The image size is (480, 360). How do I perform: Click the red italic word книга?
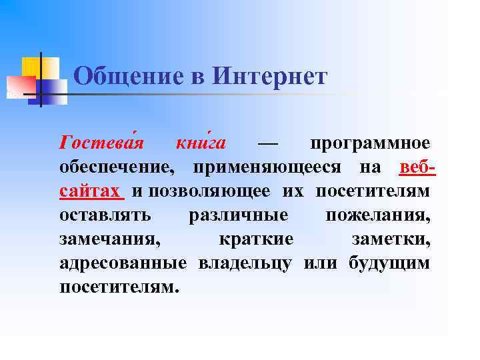click(201, 143)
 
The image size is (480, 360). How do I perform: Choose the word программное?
click(370, 143)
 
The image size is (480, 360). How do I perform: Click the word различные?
click(239, 215)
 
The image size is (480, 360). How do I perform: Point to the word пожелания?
click(377, 215)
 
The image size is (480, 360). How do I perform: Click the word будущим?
click(389, 263)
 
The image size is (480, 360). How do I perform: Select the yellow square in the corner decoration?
click(33, 67)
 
